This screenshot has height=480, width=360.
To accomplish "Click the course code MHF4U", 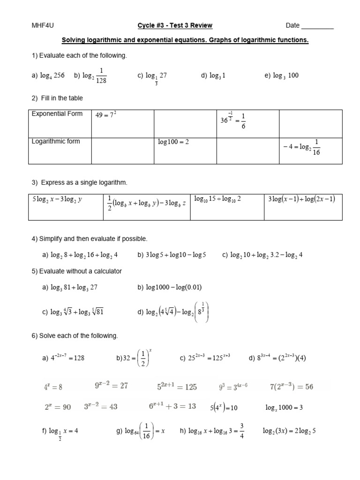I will tap(39, 26).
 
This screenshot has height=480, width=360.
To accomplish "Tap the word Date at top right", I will tap(292, 26).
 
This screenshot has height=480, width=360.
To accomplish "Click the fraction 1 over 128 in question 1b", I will tap(101, 75).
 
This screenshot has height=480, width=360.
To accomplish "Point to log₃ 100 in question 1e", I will tap(285, 75).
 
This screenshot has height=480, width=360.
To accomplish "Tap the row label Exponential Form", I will tap(57, 114).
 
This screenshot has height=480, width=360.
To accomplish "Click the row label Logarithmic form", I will tap(56, 142).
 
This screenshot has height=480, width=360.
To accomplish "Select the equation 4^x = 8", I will tap(53, 387).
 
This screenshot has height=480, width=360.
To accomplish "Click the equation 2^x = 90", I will tap(58, 407).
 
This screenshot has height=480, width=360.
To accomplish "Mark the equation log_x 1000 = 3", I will tap(284, 407).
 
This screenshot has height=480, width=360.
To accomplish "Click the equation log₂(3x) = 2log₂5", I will tap(289, 431).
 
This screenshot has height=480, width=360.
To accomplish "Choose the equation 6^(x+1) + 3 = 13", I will tap(172, 406).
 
